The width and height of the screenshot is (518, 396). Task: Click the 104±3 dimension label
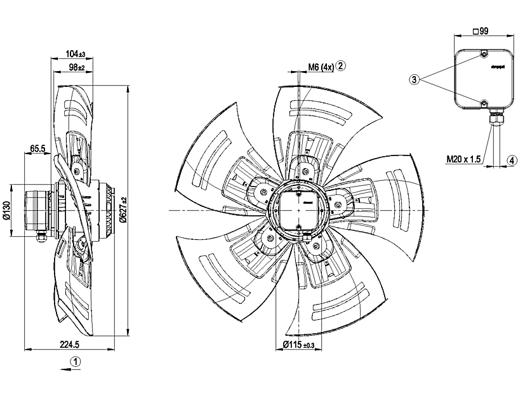pos(76,55)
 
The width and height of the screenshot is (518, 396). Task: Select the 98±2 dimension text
pos(76,67)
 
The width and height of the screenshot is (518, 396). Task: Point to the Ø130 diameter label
pos(6,211)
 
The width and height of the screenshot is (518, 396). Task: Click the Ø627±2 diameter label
pos(123,209)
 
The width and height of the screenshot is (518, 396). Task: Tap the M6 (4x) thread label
pos(321,67)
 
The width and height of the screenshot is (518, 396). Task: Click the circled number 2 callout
pos(341,66)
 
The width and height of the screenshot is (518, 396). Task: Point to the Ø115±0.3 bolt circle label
pos(298,345)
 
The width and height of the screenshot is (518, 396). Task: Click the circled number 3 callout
pos(415,80)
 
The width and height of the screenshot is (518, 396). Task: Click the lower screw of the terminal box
pos(483,103)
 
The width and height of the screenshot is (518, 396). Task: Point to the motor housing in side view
pos(38,209)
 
